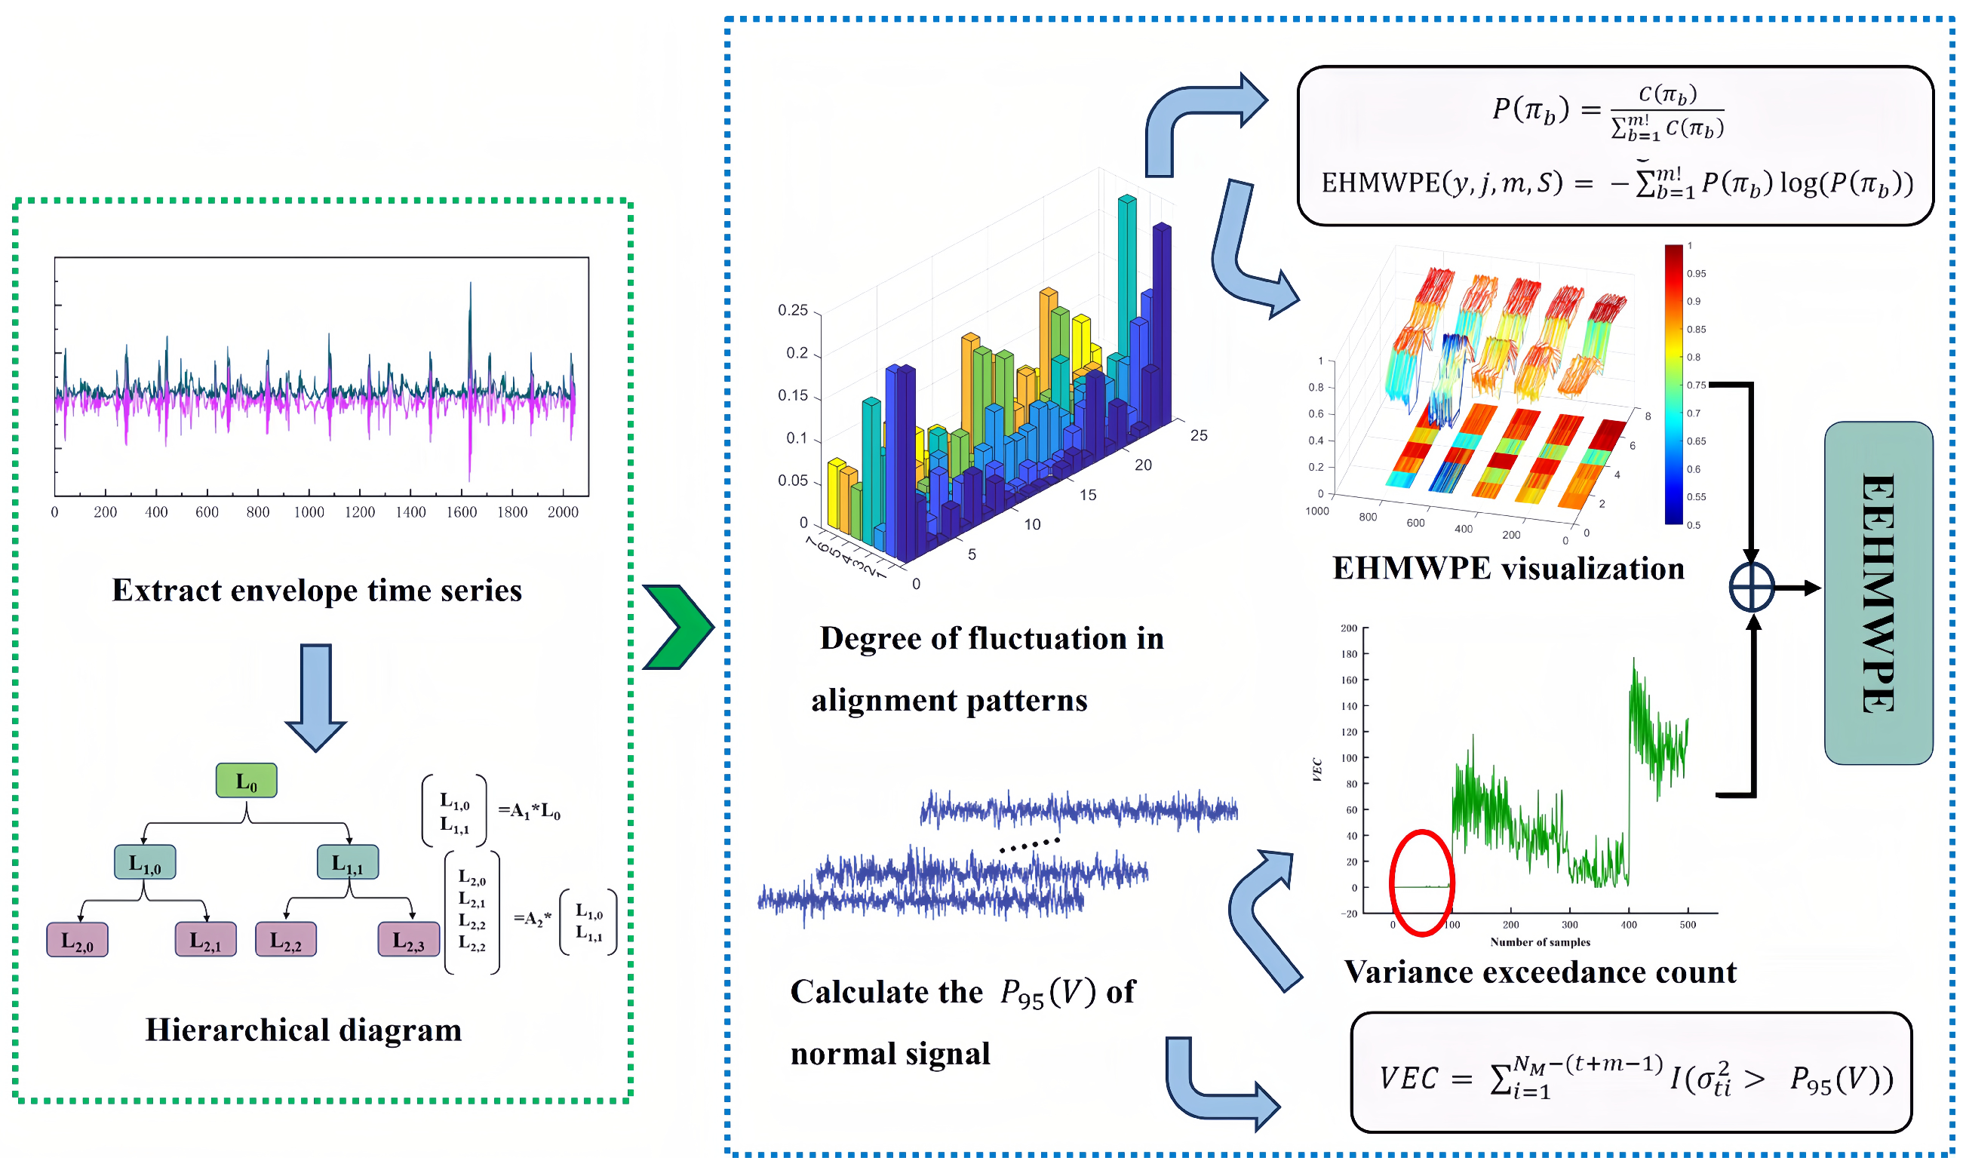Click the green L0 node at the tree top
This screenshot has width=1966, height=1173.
coord(247,781)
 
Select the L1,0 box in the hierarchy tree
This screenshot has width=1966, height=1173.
coord(146,862)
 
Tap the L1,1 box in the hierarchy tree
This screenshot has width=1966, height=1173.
coord(348,862)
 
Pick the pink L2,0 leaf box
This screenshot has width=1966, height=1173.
coord(78,940)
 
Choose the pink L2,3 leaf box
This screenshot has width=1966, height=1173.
coord(409,940)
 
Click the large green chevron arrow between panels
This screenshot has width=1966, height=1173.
coord(678,628)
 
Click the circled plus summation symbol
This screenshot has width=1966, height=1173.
coord(1752,588)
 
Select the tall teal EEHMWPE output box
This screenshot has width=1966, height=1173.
coord(1878,593)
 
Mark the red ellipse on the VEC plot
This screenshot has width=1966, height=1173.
coord(1422,883)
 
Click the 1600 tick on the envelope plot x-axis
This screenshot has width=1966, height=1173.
coord(462,512)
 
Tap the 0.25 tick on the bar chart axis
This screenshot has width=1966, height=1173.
coord(793,311)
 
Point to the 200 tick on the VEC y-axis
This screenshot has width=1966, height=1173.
coord(1349,628)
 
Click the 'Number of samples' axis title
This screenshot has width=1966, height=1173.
coord(1540,942)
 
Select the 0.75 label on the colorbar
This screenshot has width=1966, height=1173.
coord(1697,385)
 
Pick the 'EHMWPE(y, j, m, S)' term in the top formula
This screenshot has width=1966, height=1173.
coord(1442,183)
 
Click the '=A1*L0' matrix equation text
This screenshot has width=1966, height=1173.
coord(529,812)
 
